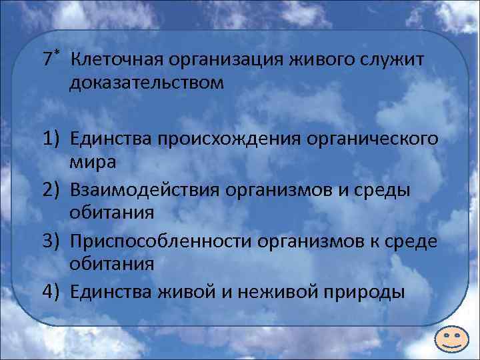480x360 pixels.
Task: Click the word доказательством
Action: [146, 85]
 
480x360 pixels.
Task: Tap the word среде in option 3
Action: [413, 240]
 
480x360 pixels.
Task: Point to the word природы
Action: [367, 291]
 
